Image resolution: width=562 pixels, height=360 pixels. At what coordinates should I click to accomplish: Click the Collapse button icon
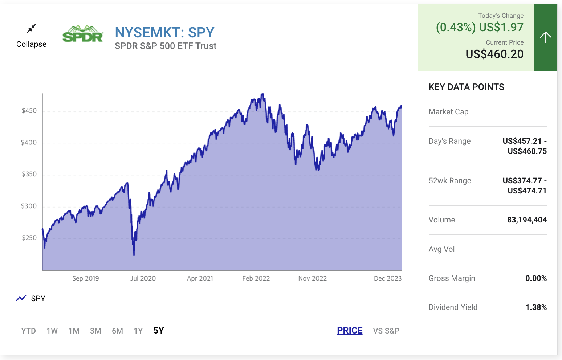32,28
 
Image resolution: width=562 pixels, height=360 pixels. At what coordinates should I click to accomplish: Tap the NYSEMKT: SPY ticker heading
164,33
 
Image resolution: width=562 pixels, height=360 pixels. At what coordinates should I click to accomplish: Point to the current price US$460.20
494,54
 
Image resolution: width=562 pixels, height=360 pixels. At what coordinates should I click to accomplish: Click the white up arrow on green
545,37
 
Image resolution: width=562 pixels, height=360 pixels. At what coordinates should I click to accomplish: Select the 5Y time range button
159,331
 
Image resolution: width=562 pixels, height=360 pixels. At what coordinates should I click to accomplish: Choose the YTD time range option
28,331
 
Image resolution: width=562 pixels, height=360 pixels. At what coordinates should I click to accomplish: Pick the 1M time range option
74,331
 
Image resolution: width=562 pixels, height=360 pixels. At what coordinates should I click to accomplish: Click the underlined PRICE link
350,331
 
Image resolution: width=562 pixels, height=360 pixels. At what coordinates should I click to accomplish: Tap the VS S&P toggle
386,331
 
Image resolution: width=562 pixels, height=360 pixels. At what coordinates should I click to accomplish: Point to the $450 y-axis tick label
29,111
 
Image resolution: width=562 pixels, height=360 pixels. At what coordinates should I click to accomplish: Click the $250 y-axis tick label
29,238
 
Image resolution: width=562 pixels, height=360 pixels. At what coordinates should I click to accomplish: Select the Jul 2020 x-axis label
143,278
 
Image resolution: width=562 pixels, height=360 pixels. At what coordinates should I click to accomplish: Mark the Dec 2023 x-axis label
387,278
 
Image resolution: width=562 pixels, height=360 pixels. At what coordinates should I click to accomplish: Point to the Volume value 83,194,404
527,220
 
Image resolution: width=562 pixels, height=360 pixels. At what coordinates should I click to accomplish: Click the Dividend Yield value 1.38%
536,307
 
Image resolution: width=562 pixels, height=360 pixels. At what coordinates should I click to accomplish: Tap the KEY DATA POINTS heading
466,87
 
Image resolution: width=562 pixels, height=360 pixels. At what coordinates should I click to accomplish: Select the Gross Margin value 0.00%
536,278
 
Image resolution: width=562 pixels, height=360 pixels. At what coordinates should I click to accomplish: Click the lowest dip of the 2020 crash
134,255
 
